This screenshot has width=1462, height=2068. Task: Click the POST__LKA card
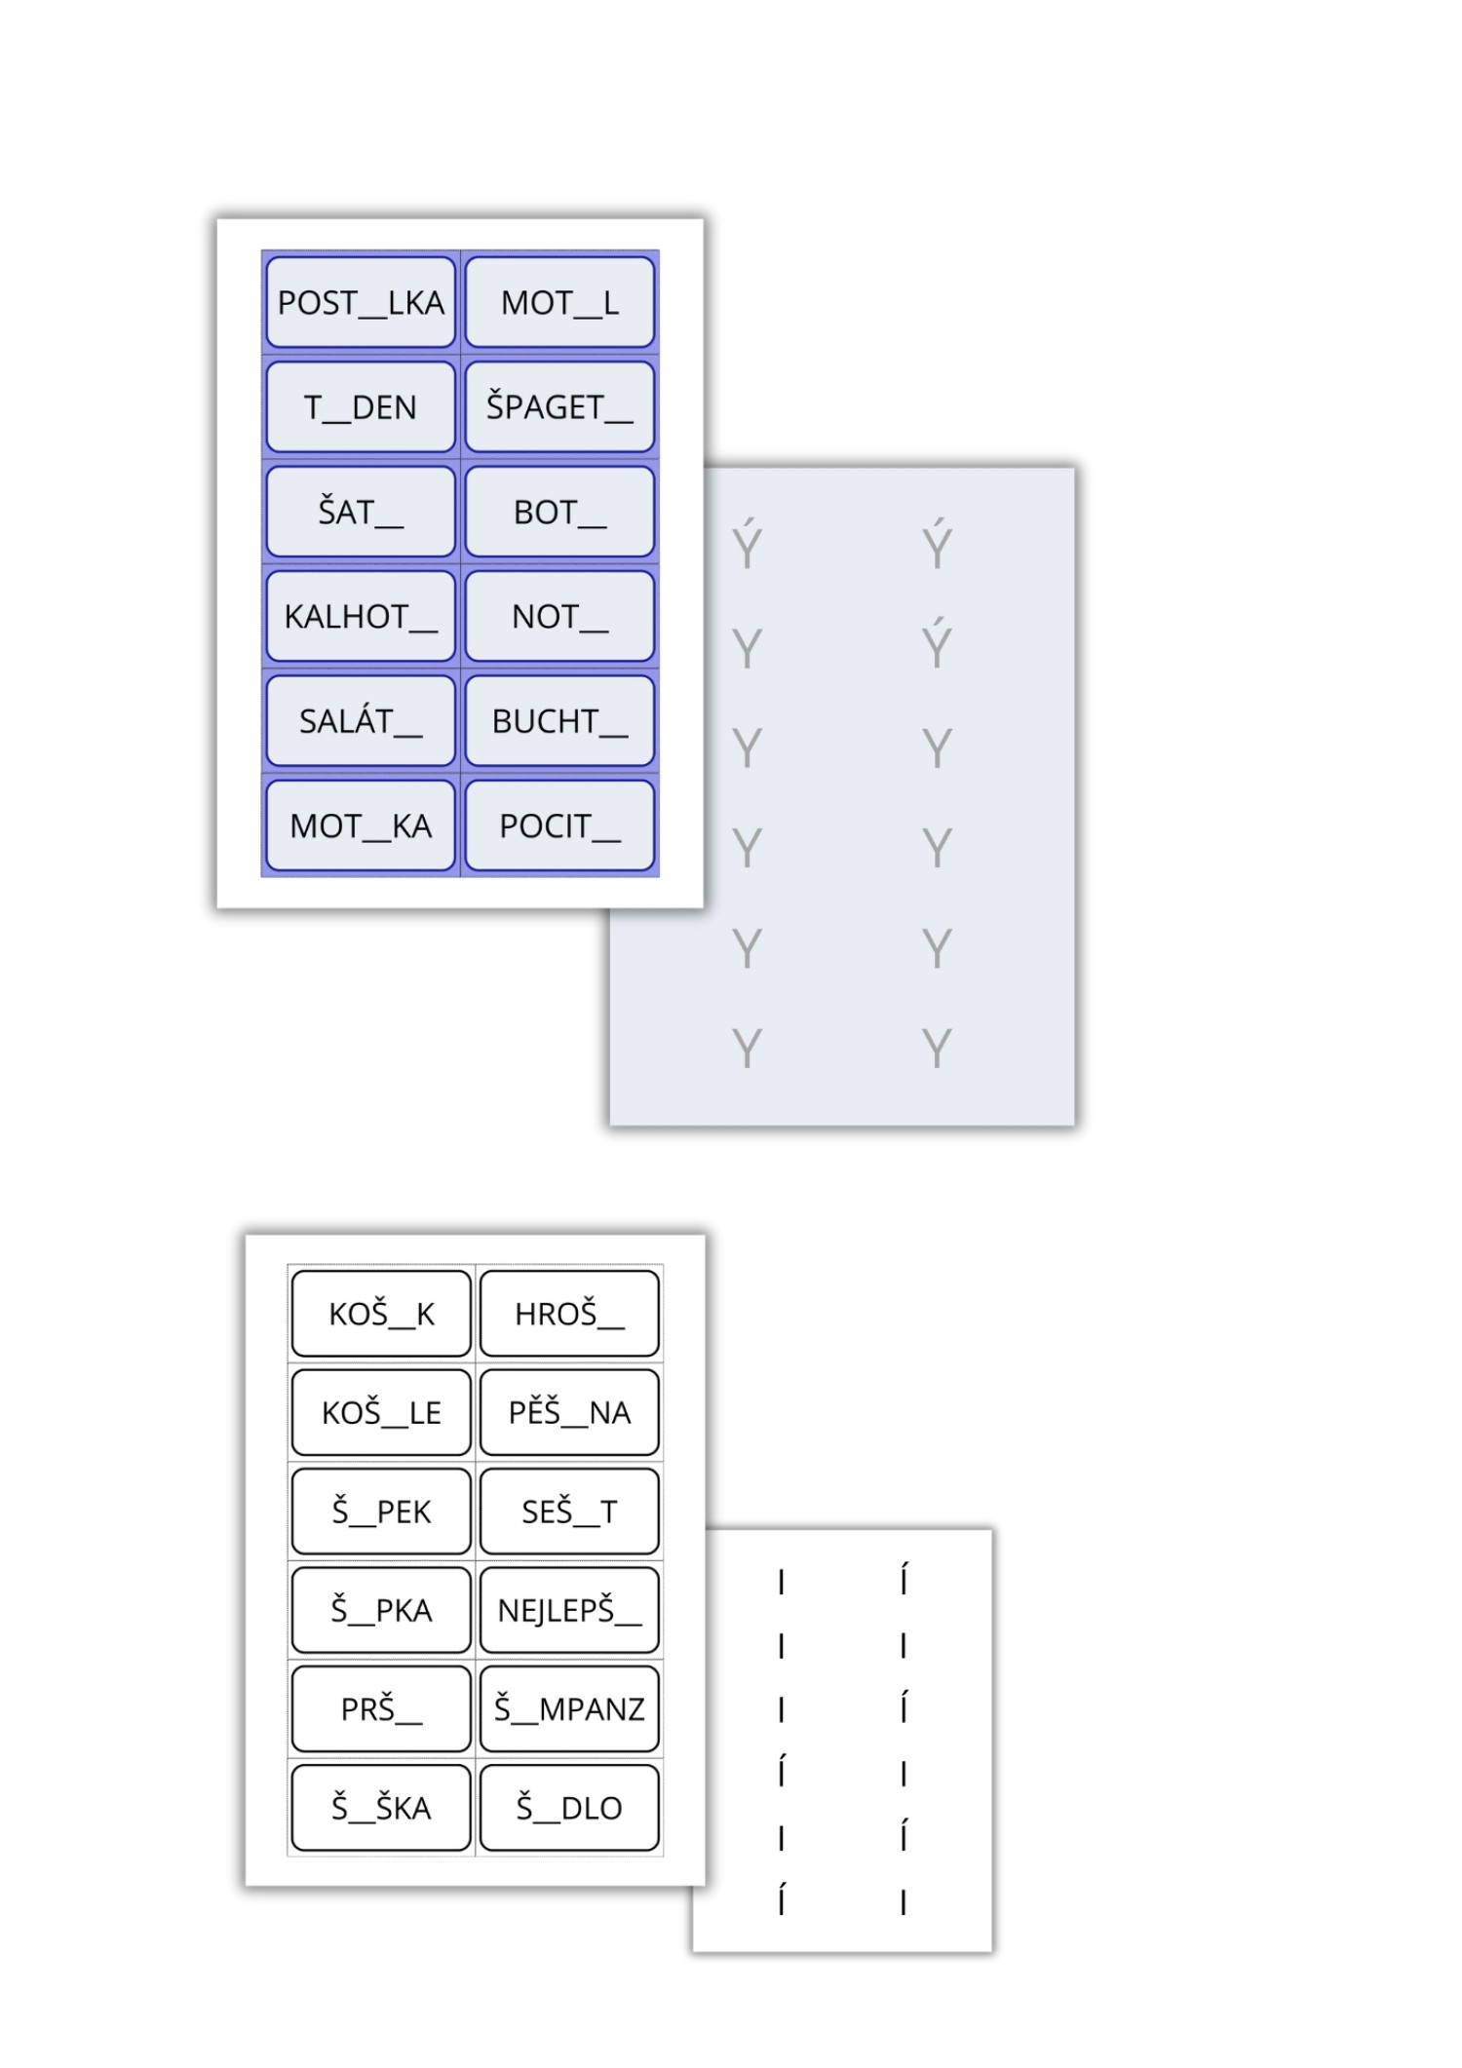pos(361,303)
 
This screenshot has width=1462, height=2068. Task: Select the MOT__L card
pos(559,303)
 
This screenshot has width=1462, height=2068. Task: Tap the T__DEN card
pos(361,407)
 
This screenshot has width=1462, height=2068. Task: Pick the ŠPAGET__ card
pos(559,407)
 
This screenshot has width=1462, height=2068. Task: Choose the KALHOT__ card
pos(361,617)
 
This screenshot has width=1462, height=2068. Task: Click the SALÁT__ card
pos(361,721)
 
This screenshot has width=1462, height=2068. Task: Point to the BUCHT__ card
pos(559,721)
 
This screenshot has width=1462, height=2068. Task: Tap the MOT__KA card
pos(361,826)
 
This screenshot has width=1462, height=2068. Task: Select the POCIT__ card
pos(559,826)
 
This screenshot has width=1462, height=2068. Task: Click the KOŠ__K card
pos(381,1314)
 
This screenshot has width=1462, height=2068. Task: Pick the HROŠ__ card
pos(569,1314)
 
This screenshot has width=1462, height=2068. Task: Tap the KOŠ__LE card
pos(381,1412)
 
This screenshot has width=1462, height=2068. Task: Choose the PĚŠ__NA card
pos(569,1412)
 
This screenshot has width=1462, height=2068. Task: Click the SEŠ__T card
pos(569,1512)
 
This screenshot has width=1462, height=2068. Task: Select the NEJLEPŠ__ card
pos(569,1610)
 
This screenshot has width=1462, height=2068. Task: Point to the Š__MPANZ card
pos(569,1708)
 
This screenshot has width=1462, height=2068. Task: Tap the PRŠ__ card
pos(381,1708)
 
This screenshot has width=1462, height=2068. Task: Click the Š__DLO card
pos(569,1808)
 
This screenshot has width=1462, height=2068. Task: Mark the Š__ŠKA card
pos(381,1808)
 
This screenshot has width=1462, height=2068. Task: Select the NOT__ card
pos(559,617)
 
